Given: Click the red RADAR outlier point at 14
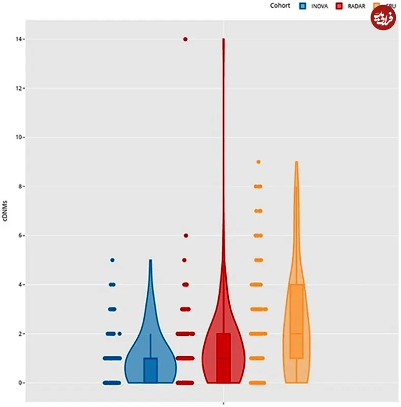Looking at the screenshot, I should [x=185, y=39].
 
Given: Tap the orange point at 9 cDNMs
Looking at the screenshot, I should [x=258, y=162].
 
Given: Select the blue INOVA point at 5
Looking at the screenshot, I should [x=112, y=260].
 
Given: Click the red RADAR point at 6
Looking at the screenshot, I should [x=186, y=236].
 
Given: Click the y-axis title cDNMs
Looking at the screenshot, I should [x=6, y=211].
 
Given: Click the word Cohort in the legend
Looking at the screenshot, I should [x=280, y=6].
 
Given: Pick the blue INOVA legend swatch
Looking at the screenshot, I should [x=302, y=6].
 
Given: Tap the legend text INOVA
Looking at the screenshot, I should [x=319, y=6].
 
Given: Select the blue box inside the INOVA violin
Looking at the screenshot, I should [x=150, y=370].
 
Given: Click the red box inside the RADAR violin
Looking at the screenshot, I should [x=223, y=358].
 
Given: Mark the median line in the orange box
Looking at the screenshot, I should [x=296, y=334].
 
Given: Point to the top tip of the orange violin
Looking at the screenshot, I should [x=296, y=163].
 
